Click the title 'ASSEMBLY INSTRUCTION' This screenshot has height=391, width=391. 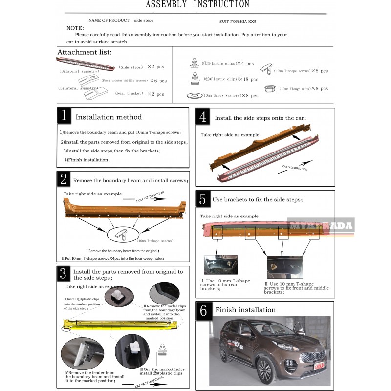[x=197, y=5]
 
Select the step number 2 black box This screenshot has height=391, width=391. [x=64, y=179]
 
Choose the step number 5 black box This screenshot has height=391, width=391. [x=204, y=198]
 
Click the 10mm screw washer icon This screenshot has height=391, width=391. [x=194, y=95]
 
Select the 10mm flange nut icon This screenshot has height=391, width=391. [x=267, y=89]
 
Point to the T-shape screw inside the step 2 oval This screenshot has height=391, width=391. [x=120, y=235]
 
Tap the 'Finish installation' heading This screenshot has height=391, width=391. [x=245, y=310]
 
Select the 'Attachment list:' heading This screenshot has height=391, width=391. [x=85, y=52]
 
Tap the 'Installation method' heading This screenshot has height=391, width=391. [x=109, y=117]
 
